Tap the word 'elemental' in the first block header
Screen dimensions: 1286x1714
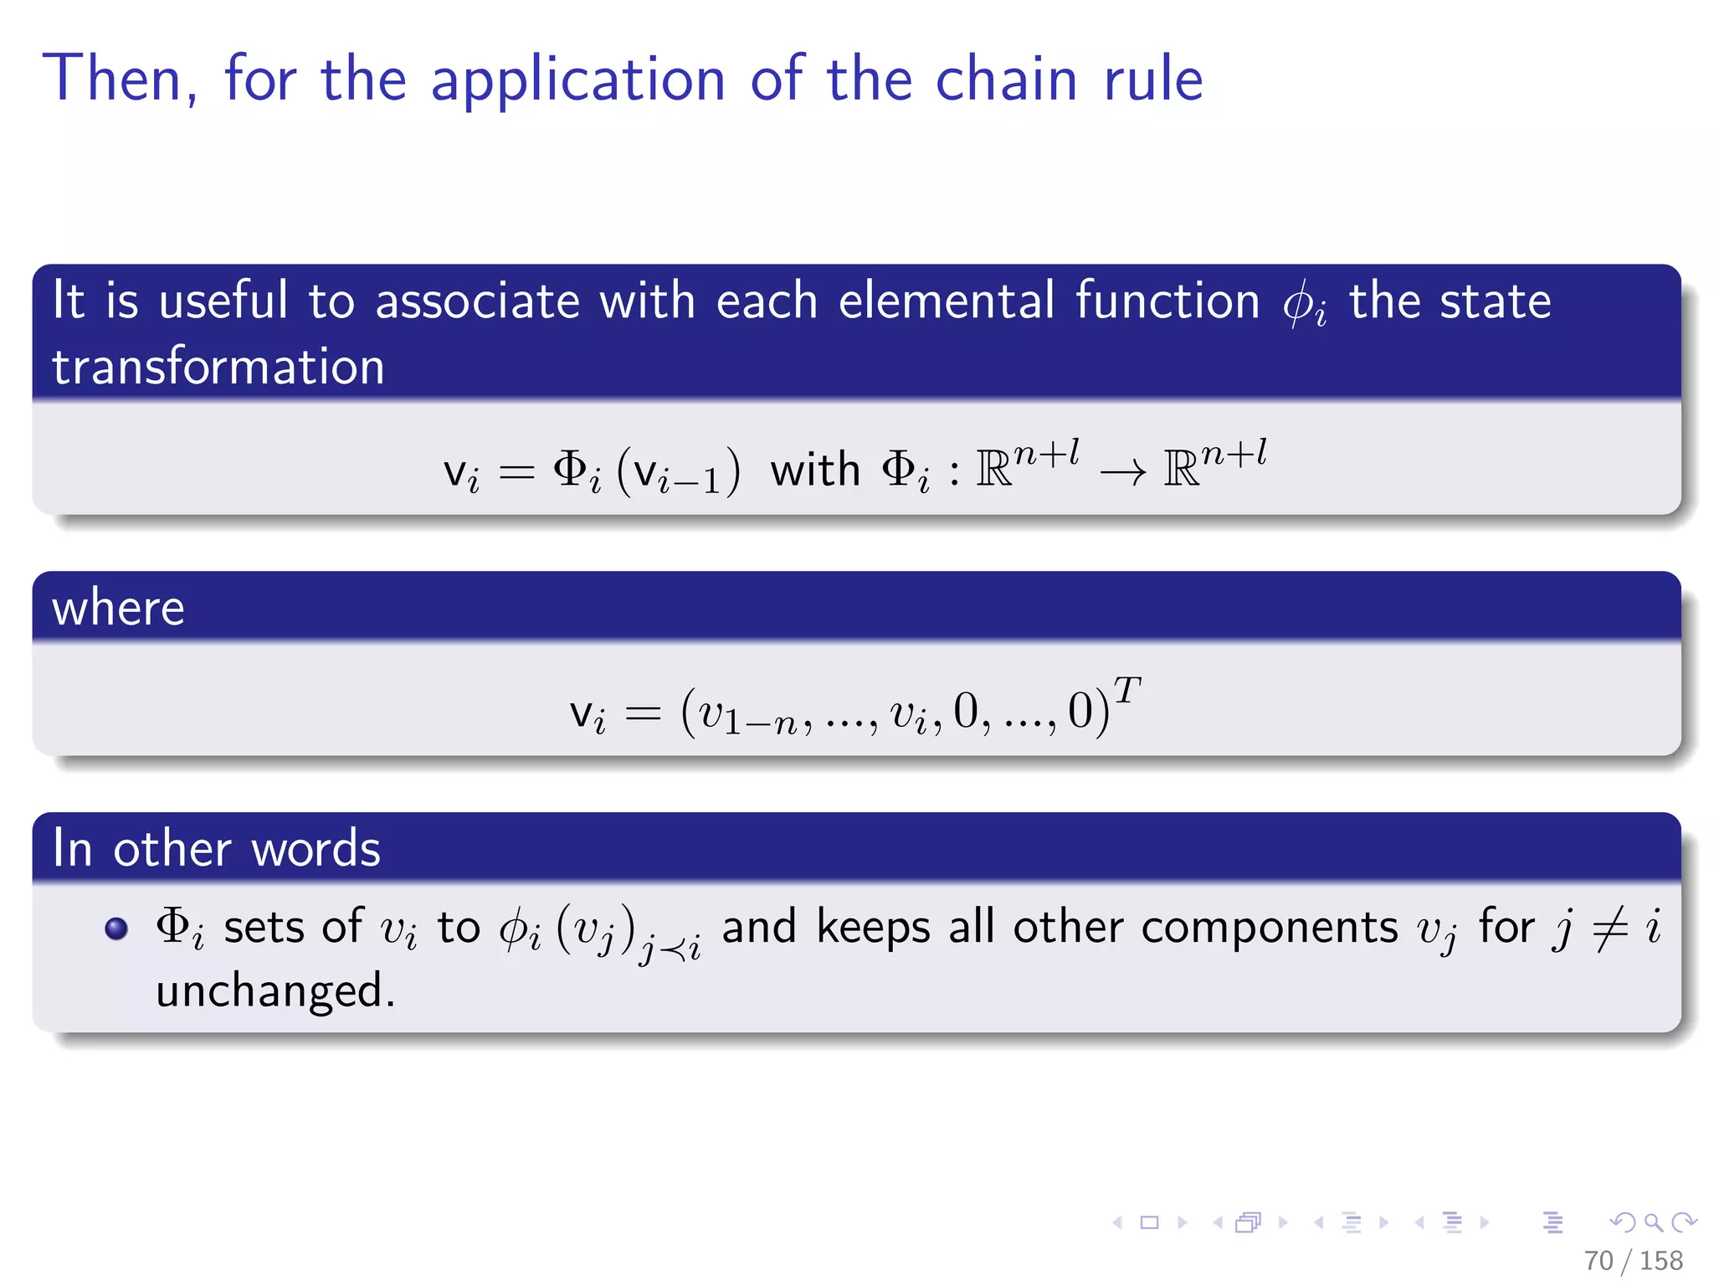[947, 301]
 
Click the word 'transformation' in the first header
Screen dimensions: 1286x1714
[218, 367]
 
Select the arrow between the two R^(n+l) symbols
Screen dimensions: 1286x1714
[1122, 474]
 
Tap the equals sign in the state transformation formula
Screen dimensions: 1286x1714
[516, 473]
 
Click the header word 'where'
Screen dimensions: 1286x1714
[118, 607]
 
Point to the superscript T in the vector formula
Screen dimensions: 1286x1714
[1126, 691]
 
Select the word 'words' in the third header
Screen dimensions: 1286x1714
[316, 848]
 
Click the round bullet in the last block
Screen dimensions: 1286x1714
[116, 928]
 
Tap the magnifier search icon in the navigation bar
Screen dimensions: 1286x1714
[1653, 1222]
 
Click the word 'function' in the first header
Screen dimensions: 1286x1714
[1167, 301]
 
